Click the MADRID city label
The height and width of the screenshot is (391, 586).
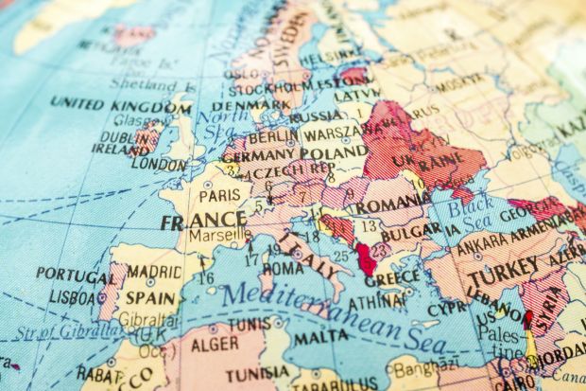[x=155, y=272]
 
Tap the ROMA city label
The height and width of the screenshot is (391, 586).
[x=284, y=268]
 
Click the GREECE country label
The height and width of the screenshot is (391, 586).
[x=390, y=279]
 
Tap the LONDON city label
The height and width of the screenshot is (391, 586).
[x=158, y=163]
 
